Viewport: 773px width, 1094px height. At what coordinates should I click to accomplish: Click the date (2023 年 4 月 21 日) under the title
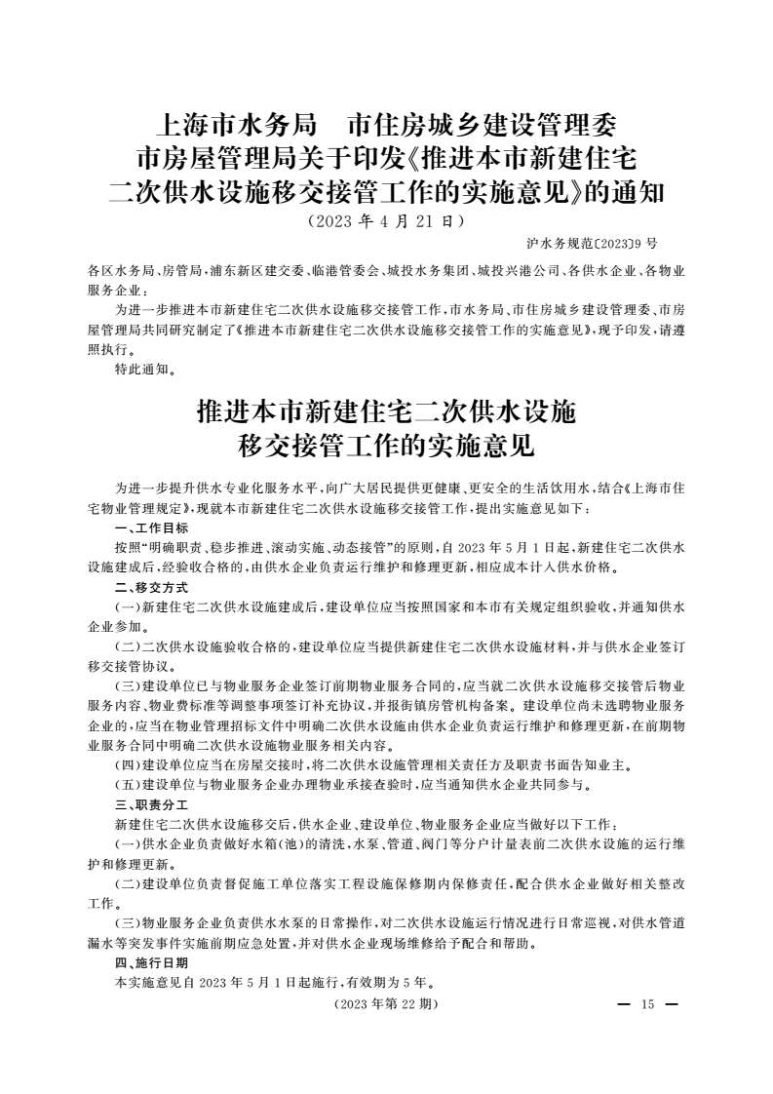click(x=385, y=220)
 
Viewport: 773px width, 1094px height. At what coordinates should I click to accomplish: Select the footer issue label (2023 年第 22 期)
click(x=386, y=1003)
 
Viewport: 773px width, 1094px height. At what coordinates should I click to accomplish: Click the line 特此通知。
click(x=145, y=370)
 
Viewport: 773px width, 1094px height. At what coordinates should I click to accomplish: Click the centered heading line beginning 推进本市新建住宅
click(x=386, y=413)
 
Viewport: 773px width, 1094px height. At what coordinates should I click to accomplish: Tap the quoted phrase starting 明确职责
click(x=174, y=548)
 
